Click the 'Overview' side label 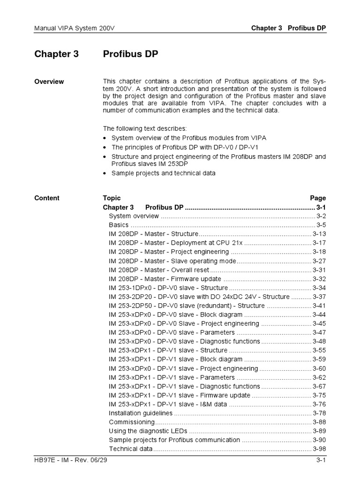(49, 82)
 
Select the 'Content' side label (47, 198)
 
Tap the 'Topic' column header (112, 198)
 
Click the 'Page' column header (318, 198)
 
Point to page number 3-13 (319, 234)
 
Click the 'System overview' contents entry (134, 216)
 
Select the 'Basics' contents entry (119, 225)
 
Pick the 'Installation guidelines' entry (141, 413)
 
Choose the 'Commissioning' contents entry (132, 422)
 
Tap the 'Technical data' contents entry (131, 449)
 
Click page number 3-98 (319, 449)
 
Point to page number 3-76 (319, 405)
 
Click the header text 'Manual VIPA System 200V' (75, 28)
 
